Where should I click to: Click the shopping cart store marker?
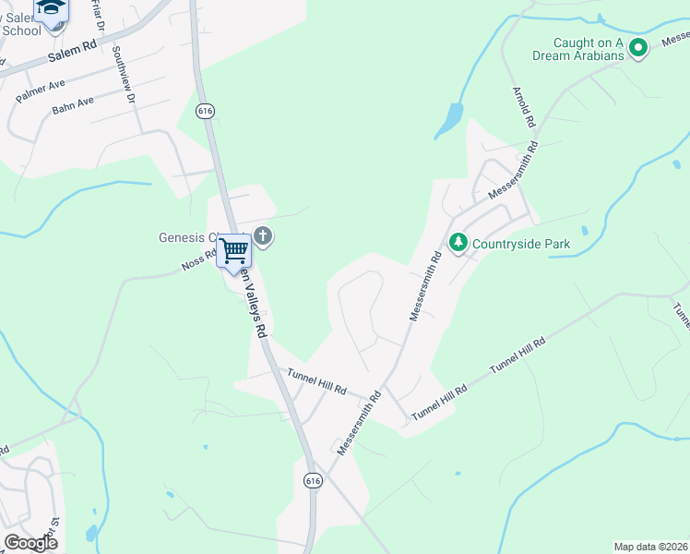click(234, 249)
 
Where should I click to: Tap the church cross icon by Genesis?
click(263, 236)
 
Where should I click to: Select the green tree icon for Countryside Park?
click(458, 243)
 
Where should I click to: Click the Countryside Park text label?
click(521, 245)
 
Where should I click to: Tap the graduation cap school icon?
click(52, 9)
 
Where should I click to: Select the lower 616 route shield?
click(313, 480)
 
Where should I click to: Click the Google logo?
click(30, 543)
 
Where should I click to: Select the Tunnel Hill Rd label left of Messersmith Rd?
click(316, 382)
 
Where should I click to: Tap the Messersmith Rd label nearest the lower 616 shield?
click(359, 423)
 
